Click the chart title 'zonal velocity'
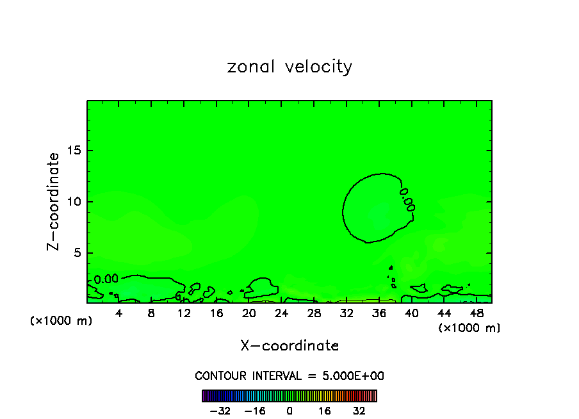[289, 67]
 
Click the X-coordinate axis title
[289, 346]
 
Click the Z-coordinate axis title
[55, 201]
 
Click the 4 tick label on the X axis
[119, 313]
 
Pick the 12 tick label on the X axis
[184, 313]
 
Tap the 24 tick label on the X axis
[281, 313]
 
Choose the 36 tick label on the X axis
[379, 313]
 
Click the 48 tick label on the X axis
[476, 313]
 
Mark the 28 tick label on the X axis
[314, 313]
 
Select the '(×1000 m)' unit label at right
[469, 328]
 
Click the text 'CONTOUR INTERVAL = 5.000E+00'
[289, 376]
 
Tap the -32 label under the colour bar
[221, 411]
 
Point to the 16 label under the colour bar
[325, 411]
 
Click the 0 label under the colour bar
[289, 411]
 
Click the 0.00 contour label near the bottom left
[106, 279]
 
